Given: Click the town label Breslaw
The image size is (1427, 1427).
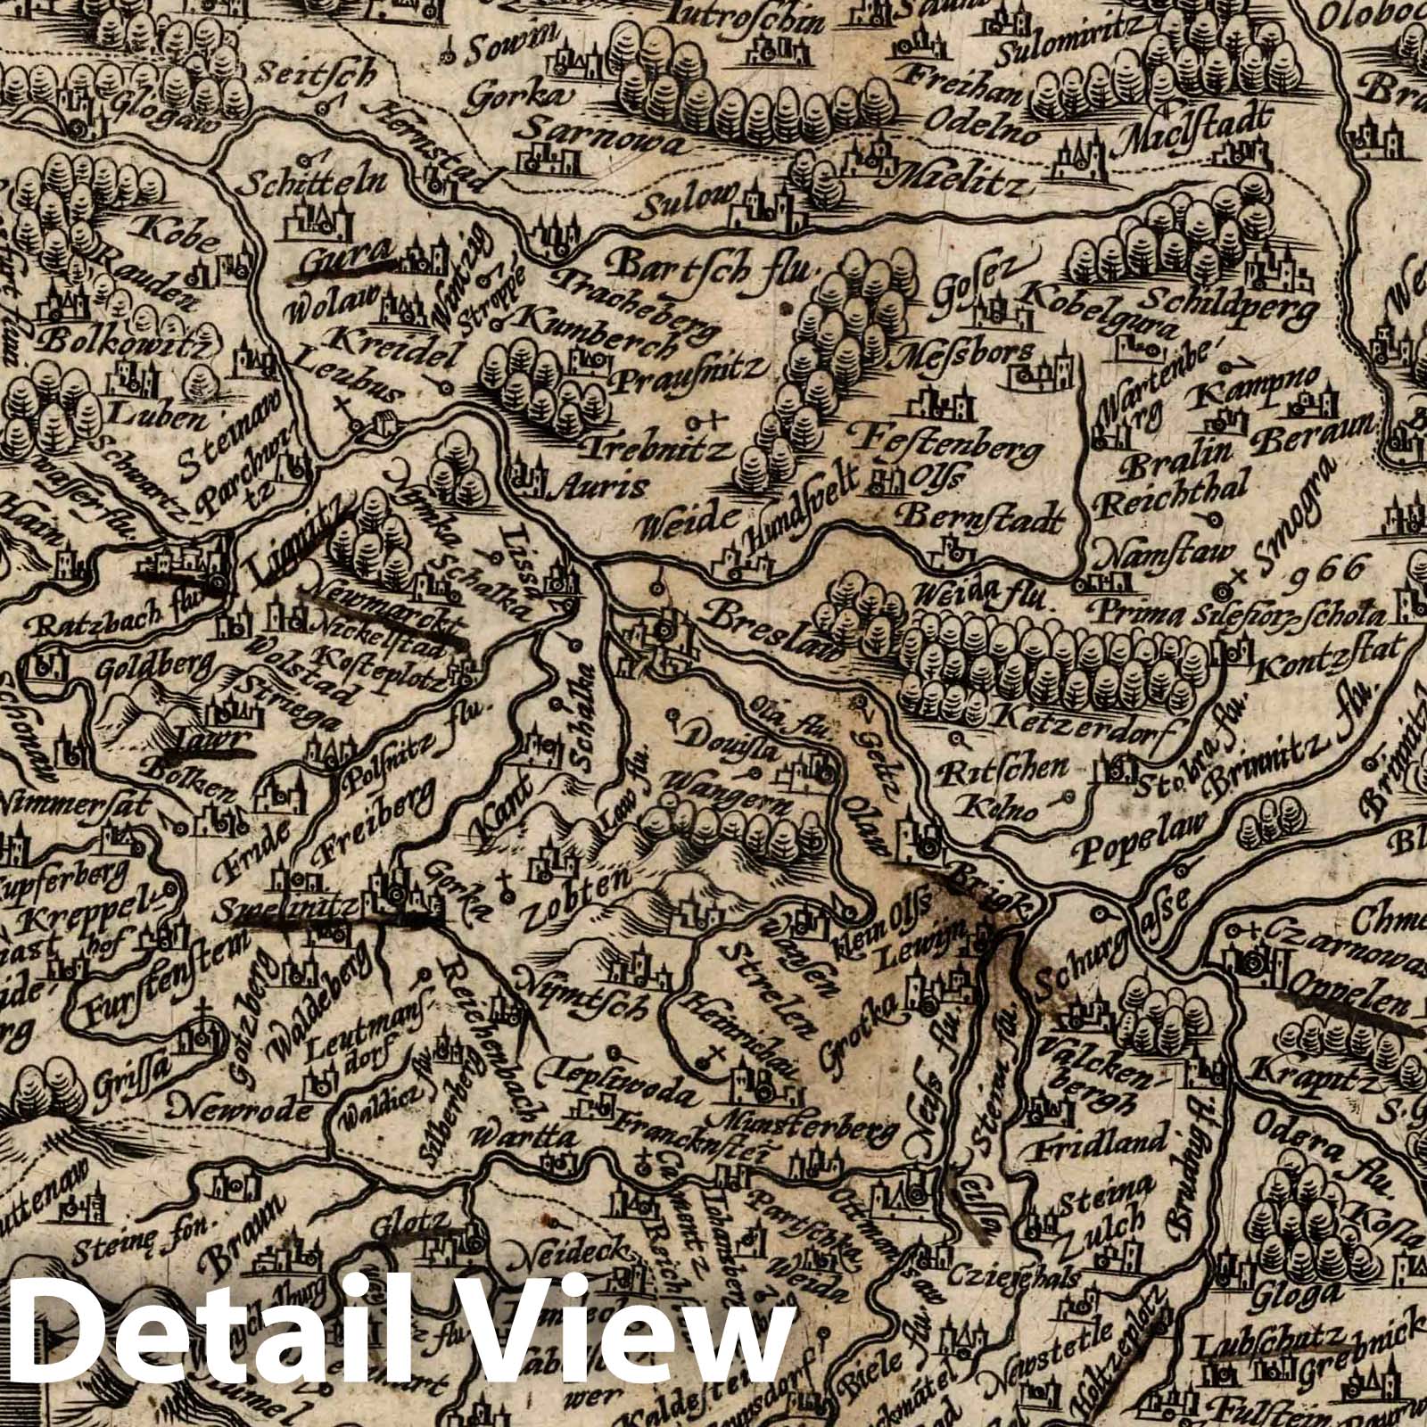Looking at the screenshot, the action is [773, 631].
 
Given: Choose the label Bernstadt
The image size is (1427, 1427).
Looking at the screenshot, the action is [984, 516].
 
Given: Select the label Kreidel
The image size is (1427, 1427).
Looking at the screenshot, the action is [374, 343].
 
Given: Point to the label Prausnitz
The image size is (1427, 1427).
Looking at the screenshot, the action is [688, 368].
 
